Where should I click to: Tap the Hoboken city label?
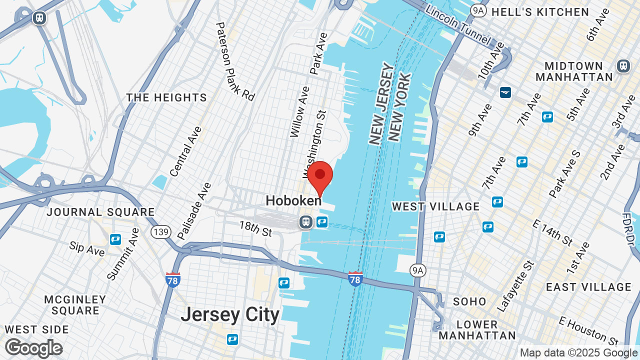coord(293,201)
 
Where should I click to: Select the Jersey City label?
coord(230,314)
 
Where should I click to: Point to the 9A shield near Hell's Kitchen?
coord(478,10)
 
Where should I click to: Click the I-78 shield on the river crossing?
coord(355,279)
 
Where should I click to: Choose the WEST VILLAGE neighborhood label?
coord(435,206)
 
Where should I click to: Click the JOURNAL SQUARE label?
coord(100,212)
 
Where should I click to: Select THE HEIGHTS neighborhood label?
coord(166,97)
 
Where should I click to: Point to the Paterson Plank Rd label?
coord(235,61)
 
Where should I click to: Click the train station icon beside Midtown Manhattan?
coord(623,65)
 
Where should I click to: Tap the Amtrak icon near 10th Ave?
coord(505,92)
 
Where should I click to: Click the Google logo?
coord(33,348)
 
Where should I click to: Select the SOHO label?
coord(469,301)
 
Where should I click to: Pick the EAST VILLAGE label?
coord(588,287)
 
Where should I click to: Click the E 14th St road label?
coord(552,231)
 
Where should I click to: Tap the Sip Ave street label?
coord(87,248)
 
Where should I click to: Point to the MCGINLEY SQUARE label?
coord(75,305)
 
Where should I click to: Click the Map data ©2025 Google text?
coord(579,353)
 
